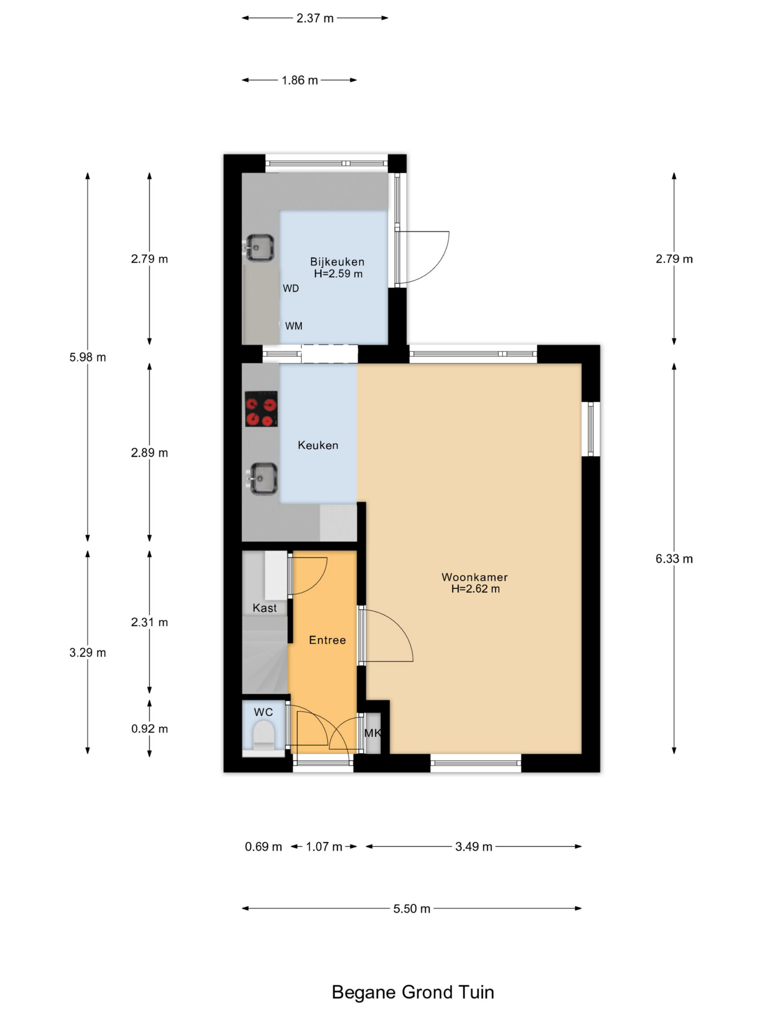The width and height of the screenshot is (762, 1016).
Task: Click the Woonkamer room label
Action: [475, 577]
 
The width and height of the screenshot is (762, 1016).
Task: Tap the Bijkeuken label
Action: [337, 262]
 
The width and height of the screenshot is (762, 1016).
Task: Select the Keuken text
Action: [318, 445]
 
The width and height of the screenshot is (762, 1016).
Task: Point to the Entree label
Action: [327, 640]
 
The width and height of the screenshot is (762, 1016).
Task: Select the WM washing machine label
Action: [294, 326]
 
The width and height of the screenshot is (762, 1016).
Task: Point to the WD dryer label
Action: [291, 289]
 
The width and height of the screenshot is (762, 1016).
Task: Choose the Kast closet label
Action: [265, 608]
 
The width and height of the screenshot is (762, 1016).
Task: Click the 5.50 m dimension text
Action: [412, 908]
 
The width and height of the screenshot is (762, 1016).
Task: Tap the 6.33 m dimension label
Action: [674, 558]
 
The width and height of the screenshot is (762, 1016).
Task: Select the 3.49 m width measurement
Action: [473, 847]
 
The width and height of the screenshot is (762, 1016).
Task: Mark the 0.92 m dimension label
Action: [149, 729]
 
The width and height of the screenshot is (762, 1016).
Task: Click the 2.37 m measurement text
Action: [315, 18]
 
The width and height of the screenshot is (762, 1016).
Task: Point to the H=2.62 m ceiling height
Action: [475, 589]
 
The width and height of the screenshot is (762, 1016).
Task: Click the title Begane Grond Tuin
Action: [413, 992]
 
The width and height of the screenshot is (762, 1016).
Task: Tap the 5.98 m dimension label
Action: [88, 357]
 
